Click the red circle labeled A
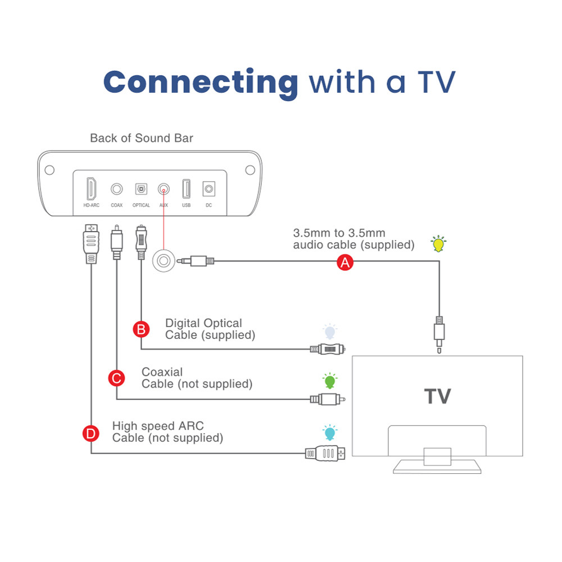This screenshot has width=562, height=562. tap(345, 262)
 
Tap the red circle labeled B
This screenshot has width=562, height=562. tap(141, 329)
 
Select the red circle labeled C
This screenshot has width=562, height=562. tap(116, 378)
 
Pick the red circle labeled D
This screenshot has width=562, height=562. tap(90, 433)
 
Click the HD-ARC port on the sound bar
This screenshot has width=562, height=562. tap(91, 189)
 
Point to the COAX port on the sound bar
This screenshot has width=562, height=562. tap(117, 189)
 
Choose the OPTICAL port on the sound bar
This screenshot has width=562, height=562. tap(141, 189)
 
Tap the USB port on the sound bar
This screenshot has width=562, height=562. tap(186, 189)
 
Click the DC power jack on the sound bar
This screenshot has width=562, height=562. tap(209, 189)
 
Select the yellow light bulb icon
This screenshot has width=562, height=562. tap(438, 243)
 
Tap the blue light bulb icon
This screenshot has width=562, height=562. tap(329, 433)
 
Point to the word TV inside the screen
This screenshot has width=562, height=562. tap(437, 396)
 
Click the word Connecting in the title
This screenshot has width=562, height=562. tap(201, 82)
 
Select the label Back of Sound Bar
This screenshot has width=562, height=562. tap(142, 138)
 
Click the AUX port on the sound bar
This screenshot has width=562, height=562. tap(164, 189)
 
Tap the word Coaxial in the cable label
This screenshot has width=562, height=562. tap(162, 372)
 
